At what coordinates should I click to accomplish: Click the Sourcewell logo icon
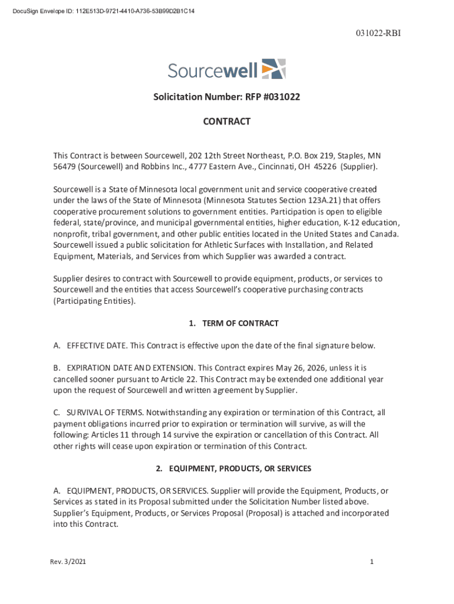[274, 69]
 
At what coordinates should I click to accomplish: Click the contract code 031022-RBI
[378, 34]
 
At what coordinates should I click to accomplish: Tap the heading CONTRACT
[227, 122]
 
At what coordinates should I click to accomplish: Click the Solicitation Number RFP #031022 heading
[227, 97]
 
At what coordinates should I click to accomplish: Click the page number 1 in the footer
[372, 562]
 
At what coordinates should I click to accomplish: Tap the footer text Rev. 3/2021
[68, 562]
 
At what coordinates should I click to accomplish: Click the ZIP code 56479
[65, 167]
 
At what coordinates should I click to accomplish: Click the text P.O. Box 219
[311, 156]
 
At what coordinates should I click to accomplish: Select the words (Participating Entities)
[94, 301]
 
